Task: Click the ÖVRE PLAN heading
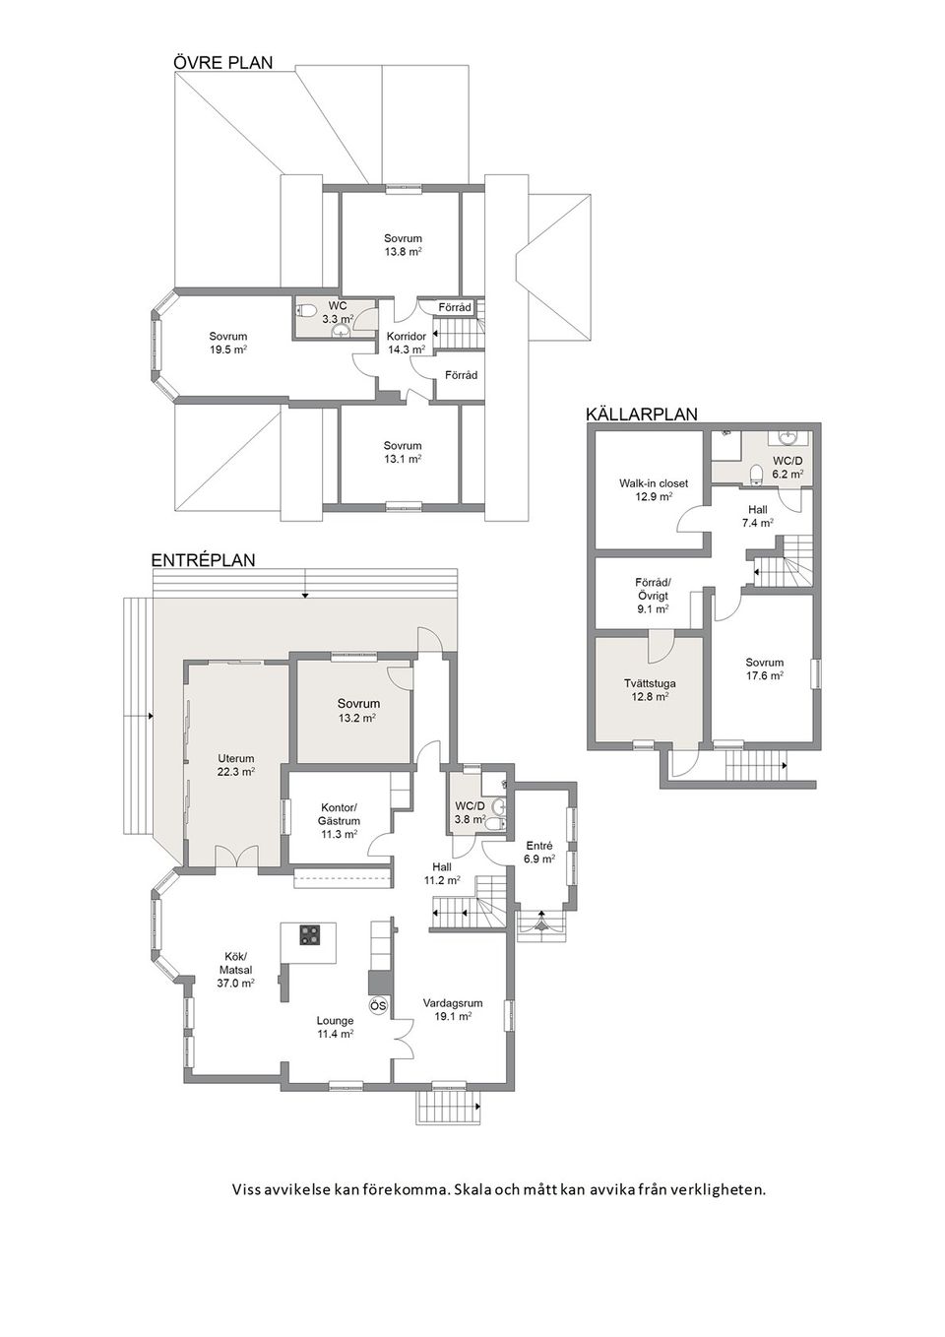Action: click(x=222, y=62)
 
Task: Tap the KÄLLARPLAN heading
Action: click(x=642, y=414)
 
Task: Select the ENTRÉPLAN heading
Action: click(x=203, y=560)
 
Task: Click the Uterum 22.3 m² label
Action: click(x=236, y=765)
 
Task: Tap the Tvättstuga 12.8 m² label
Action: click(x=650, y=690)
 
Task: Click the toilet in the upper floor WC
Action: click(x=306, y=310)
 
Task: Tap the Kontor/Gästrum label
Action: click(x=338, y=821)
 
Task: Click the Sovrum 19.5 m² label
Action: click(x=228, y=343)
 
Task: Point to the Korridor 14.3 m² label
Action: click(x=407, y=343)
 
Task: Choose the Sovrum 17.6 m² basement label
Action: click(x=764, y=668)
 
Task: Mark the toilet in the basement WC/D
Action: click(x=756, y=473)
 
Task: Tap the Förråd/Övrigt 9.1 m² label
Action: click(x=652, y=595)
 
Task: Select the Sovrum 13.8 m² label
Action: click(x=403, y=245)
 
